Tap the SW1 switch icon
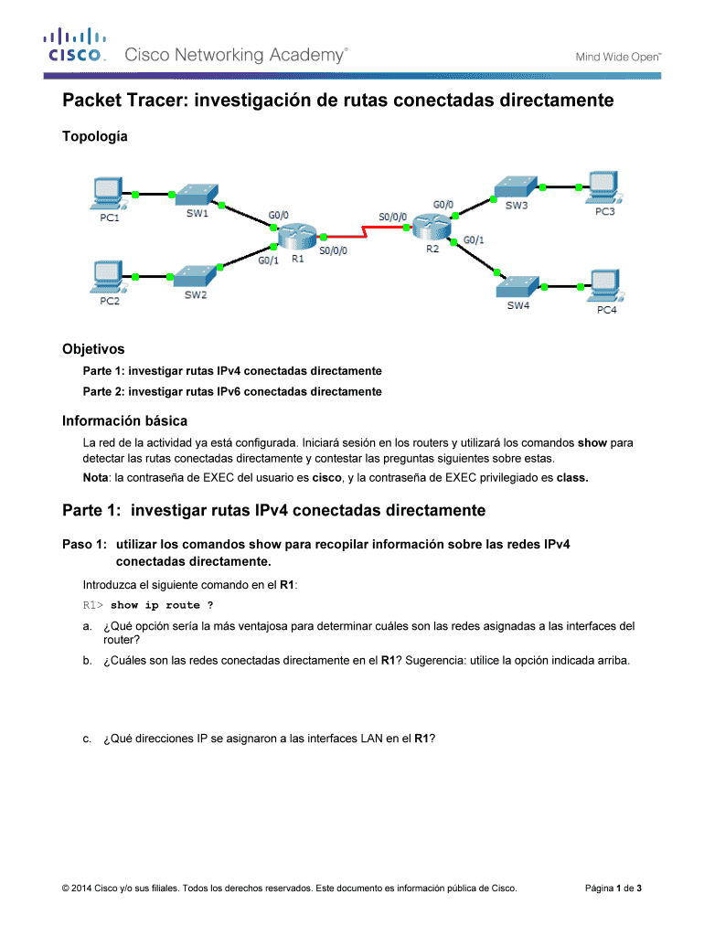pyautogui.click(x=197, y=194)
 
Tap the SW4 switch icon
pyautogui.click(x=518, y=284)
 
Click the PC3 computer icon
pyautogui.click(x=604, y=186)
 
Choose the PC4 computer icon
pyautogui.click(x=605, y=285)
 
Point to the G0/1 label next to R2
pyautogui.click(x=474, y=240)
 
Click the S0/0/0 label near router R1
pyautogui.click(x=332, y=248)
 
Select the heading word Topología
pyautogui.click(x=94, y=136)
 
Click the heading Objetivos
pyautogui.click(x=93, y=349)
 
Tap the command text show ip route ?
pyautogui.click(x=163, y=605)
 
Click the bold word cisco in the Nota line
pyautogui.click(x=326, y=477)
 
